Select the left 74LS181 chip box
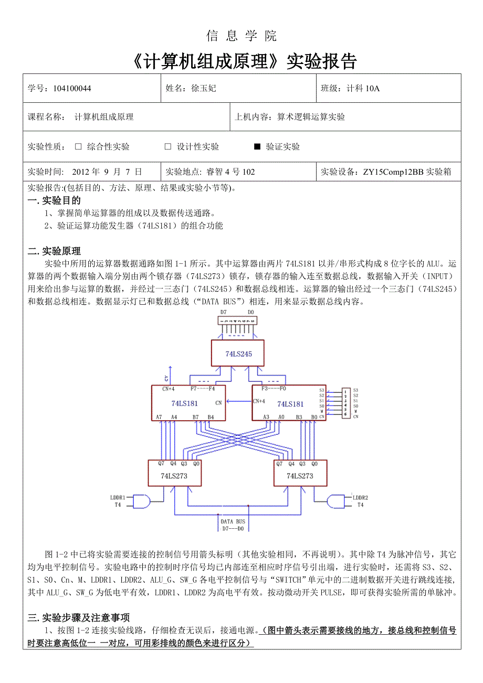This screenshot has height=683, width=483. (188, 403)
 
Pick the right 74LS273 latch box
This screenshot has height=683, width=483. (300, 473)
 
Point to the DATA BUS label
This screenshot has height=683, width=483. (233, 521)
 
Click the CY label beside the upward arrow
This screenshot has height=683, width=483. (166, 378)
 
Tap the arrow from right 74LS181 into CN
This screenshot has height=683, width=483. (239, 402)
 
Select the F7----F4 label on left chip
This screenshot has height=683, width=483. (203, 389)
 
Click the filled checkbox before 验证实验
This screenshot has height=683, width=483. (257, 147)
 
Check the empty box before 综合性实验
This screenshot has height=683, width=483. (78, 147)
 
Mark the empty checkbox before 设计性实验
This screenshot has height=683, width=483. (168, 147)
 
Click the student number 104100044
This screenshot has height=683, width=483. (72, 88)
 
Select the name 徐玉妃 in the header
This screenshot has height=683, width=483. (204, 88)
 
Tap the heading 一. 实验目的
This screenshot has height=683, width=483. (54, 200)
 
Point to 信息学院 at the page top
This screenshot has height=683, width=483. (241, 36)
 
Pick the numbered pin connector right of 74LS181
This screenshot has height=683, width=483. (345, 403)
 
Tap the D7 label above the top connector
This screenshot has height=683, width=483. (224, 312)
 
